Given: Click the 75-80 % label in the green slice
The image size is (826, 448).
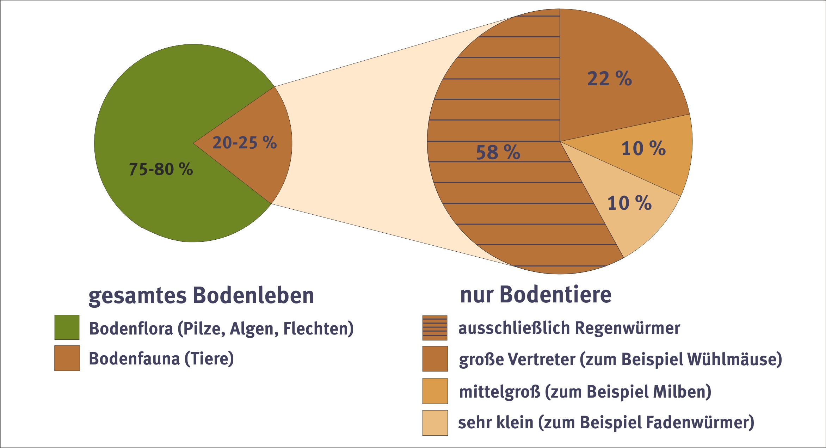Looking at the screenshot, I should point(161,169).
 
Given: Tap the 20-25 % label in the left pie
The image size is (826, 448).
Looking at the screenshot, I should point(245,143).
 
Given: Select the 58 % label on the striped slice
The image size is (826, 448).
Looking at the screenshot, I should point(498,152).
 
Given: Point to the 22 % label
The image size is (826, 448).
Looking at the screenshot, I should point(609,78).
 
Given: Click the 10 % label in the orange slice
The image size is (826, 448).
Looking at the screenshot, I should point(643,148).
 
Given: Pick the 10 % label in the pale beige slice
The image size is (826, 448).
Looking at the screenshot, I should point(629,203).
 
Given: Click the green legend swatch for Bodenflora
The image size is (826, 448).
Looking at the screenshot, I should point(67,327).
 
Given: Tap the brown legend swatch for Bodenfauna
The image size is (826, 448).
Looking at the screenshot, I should point(67,358).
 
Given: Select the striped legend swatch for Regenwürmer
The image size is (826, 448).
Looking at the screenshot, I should point(435,328).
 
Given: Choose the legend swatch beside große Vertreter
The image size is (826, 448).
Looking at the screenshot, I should point(435,359).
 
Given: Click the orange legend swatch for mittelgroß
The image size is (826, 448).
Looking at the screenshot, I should point(435,391).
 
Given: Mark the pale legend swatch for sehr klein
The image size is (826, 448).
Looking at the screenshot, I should point(435,423).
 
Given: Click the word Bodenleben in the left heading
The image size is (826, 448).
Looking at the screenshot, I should point(253,295).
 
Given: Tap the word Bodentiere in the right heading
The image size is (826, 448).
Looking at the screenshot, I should point(555,294).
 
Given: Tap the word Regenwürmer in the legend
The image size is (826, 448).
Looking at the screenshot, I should point(627,328).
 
